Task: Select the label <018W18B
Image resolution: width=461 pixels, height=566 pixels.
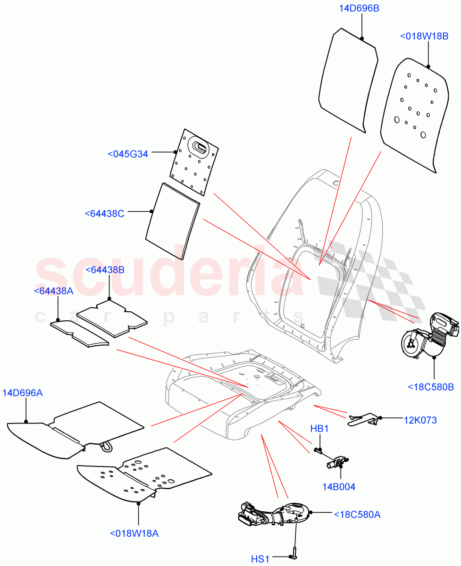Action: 424,36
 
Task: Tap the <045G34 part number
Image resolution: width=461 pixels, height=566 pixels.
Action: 128,154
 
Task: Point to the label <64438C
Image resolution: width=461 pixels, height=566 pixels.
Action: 105,214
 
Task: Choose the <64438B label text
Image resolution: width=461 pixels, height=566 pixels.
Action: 105,270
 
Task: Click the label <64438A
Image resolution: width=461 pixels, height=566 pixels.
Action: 54,291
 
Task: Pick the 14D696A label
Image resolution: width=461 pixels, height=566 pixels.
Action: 23,392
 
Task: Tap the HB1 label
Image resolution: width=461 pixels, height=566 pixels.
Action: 319,429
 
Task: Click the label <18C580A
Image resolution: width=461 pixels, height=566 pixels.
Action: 357,514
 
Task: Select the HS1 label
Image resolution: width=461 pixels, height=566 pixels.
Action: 260,559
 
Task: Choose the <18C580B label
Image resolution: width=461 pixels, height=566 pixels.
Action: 430,387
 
